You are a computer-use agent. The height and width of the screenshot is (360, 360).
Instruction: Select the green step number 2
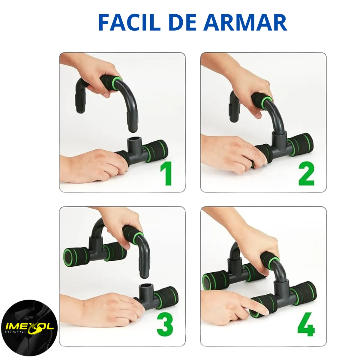click(x=306, y=174)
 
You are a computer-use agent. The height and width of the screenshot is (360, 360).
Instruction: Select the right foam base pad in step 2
click(x=300, y=144)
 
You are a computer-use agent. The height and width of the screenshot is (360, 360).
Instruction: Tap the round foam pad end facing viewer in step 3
click(x=70, y=256)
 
